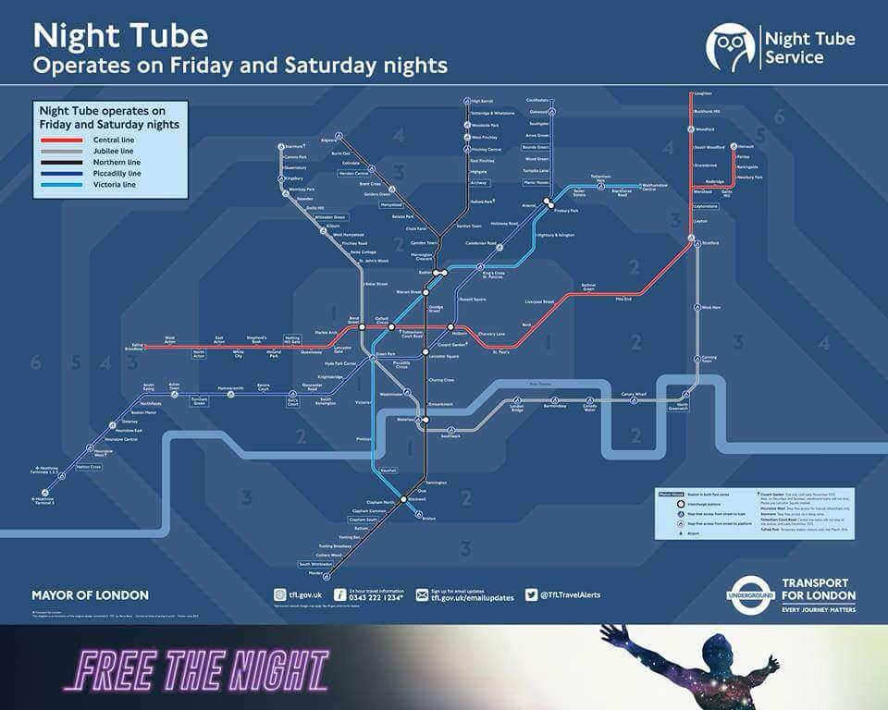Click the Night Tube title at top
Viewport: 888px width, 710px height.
pyautogui.click(x=120, y=37)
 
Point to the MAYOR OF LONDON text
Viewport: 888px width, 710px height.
pyautogui.click(x=90, y=595)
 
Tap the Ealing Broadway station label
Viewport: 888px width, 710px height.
pyautogui.click(x=134, y=348)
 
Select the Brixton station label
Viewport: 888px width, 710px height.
pyautogui.click(x=428, y=520)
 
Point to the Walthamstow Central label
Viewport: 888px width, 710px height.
pyautogui.click(x=660, y=187)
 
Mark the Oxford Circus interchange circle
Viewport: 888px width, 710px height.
pyautogui.click(x=391, y=327)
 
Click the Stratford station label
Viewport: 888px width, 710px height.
pyautogui.click(x=710, y=241)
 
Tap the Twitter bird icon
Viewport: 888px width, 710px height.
pyautogui.click(x=532, y=594)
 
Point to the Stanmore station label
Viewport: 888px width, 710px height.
pyautogui.click(x=293, y=146)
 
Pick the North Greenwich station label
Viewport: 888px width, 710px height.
pyautogui.click(x=684, y=407)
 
